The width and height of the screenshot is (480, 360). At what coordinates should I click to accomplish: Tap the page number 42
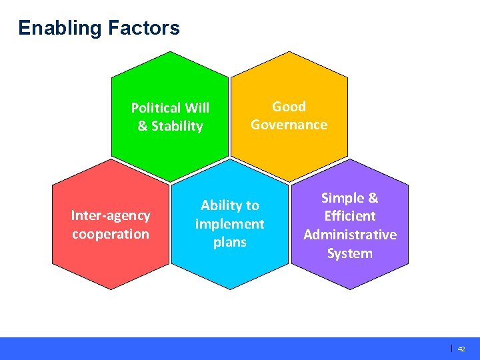(x=461, y=349)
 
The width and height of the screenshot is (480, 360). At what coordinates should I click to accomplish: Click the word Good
(x=289, y=107)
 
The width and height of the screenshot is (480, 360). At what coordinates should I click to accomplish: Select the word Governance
(x=289, y=125)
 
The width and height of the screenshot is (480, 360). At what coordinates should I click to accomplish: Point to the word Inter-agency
(x=111, y=215)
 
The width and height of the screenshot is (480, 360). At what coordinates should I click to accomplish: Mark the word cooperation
(x=111, y=234)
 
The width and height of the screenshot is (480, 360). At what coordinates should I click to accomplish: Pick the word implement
(x=229, y=224)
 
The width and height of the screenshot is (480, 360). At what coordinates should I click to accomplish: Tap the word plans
(x=229, y=242)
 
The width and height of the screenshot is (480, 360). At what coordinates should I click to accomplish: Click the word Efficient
(x=349, y=216)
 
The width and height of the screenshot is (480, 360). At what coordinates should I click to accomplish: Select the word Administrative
(x=349, y=235)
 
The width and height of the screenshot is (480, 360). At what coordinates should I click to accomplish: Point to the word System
(x=349, y=253)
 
